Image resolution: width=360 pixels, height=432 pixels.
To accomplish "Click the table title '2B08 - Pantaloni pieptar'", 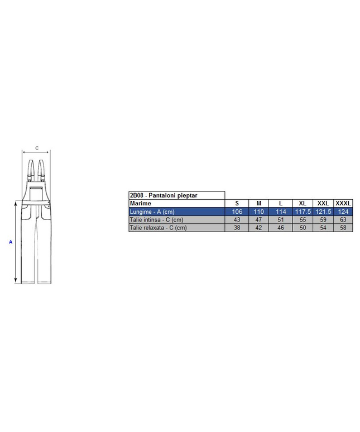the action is (x=164, y=195).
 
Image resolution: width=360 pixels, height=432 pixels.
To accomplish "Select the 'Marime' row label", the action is (x=141, y=203).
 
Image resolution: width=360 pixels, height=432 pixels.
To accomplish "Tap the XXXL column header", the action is (x=343, y=203).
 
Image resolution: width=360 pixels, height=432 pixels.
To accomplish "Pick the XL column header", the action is (x=303, y=203).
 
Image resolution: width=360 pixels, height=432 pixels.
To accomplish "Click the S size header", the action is (x=237, y=203).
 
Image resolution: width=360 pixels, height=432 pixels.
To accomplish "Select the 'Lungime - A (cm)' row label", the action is (x=152, y=212).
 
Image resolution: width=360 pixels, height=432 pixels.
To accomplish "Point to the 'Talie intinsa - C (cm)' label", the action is (x=156, y=219).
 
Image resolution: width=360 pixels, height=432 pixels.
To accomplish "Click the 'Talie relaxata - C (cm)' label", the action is (x=158, y=228).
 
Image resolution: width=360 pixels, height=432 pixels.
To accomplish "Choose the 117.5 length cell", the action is (x=303, y=212).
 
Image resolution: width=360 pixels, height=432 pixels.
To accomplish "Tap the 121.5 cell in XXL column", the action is (x=323, y=212).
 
